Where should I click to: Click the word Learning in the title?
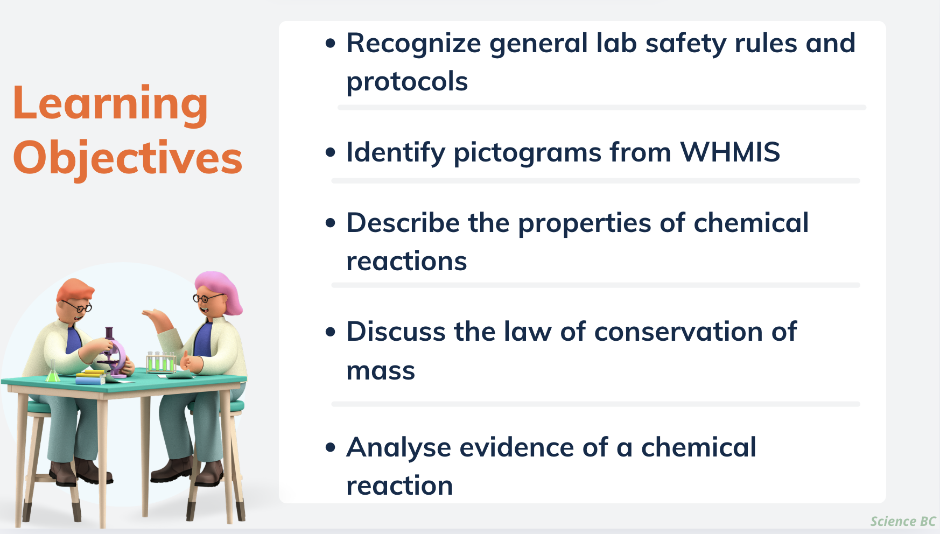click(110, 104)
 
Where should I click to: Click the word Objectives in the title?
click(128, 158)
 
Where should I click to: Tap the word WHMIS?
click(729, 152)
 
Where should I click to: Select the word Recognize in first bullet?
click(413, 44)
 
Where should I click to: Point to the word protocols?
click(407, 82)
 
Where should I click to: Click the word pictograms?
click(527, 152)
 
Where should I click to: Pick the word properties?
click(585, 223)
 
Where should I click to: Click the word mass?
click(381, 371)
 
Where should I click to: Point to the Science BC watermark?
click(903, 521)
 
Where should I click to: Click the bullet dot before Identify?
click(331, 152)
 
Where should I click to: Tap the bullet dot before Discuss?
click(331, 332)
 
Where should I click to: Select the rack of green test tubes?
click(161, 362)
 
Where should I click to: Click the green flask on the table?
click(53, 372)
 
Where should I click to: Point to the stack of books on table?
click(90, 377)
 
